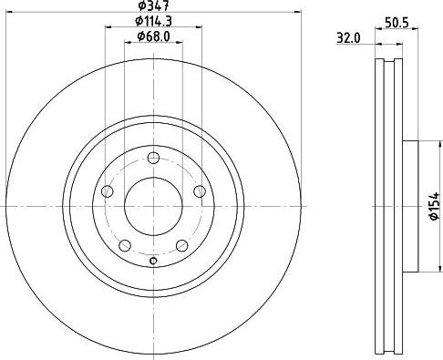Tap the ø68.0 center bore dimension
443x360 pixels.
click(x=152, y=36)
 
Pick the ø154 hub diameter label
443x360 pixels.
click(x=436, y=207)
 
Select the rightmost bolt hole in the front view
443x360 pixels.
click(x=200, y=190)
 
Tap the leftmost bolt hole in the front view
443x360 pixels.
click(x=107, y=190)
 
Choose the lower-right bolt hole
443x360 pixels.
click(x=181, y=244)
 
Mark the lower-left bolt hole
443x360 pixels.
click(x=125, y=244)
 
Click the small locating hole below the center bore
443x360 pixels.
click(x=153, y=263)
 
